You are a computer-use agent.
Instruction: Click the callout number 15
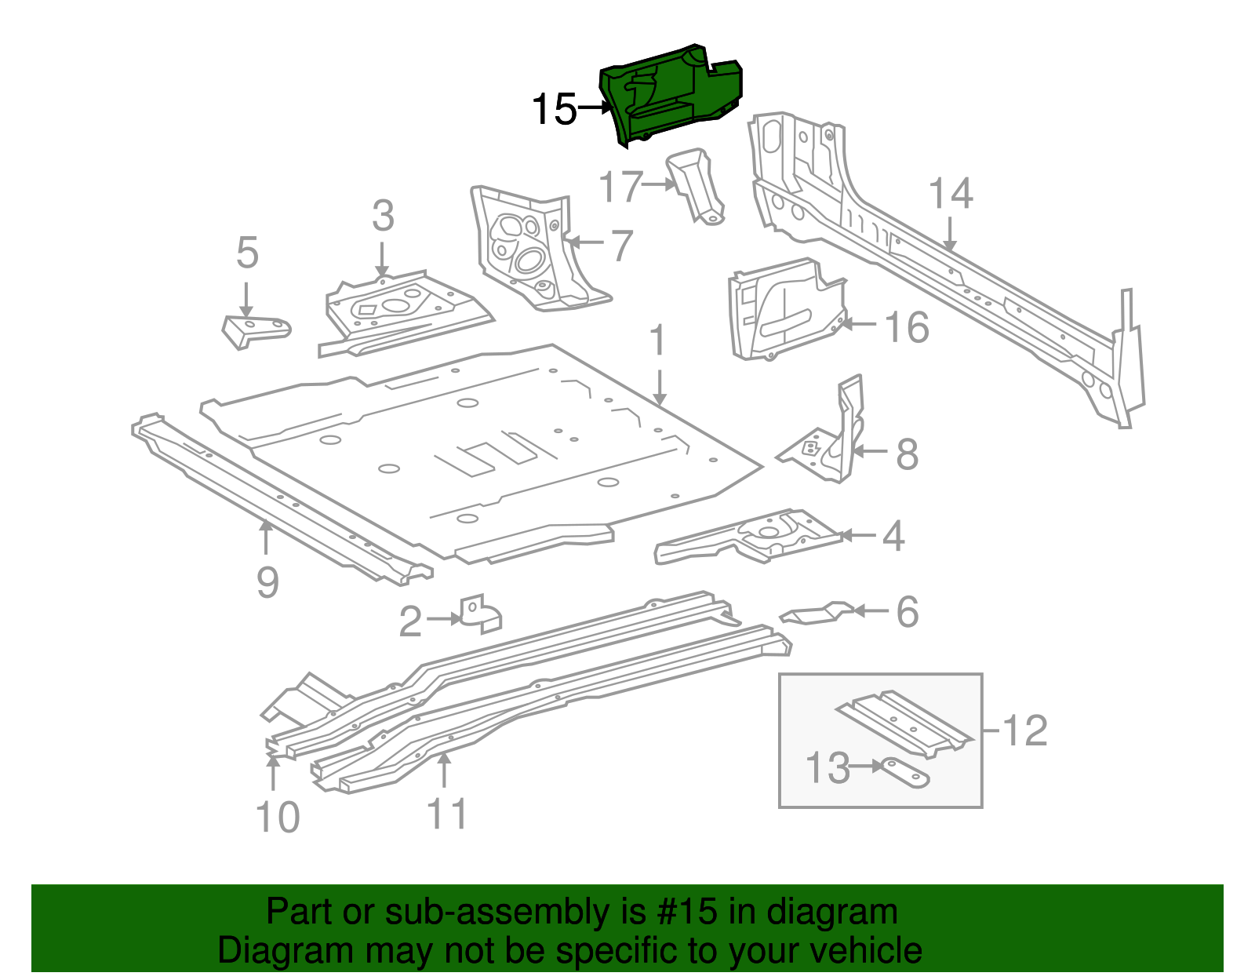coord(554,110)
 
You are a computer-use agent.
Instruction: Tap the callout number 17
coord(620,188)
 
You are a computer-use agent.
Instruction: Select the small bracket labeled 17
coord(696,185)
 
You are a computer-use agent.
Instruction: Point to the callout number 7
coord(621,246)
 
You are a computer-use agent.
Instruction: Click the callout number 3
coord(383,216)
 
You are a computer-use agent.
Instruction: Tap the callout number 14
coord(951,194)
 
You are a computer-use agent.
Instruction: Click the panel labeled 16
coord(784,310)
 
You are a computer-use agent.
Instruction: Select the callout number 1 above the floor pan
coord(658,341)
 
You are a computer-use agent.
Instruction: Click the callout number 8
coord(907,454)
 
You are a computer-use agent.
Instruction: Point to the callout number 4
coord(893,537)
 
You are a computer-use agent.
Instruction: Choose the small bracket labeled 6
coord(816,614)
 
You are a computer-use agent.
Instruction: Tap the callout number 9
coord(267,582)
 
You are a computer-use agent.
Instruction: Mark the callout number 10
coord(278,818)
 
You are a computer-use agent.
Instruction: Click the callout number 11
coord(447,814)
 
